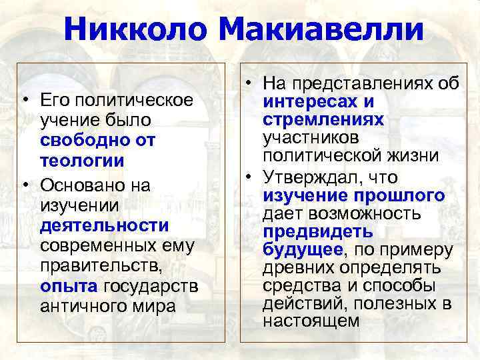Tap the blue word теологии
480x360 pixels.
(82, 161)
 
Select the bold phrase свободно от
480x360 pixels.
(97, 141)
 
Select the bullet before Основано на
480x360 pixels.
(24, 183)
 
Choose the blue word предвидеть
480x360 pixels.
(318, 232)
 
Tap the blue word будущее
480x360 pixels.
(303, 250)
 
